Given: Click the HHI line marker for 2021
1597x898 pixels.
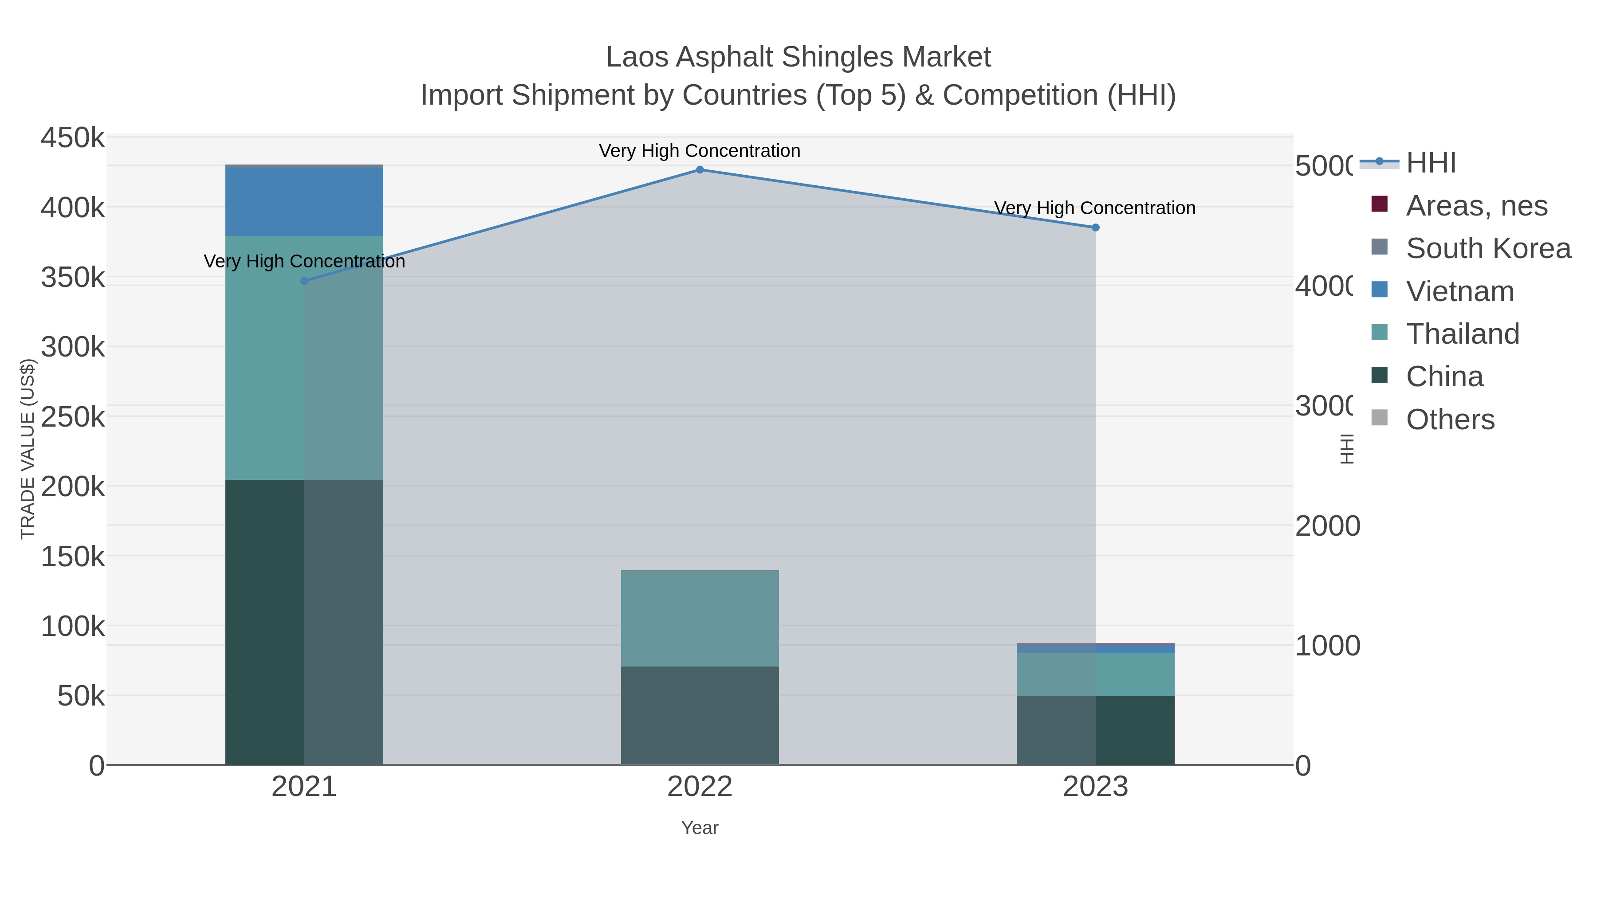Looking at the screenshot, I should (x=304, y=281).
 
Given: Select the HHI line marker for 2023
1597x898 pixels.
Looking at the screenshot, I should (x=1095, y=228).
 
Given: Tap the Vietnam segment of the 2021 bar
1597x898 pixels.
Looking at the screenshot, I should (x=304, y=202).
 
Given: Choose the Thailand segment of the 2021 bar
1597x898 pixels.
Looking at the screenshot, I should (x=304, y=357).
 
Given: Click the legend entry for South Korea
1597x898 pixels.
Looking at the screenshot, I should (x=1488, y=248).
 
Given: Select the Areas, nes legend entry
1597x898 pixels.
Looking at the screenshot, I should (x=1476, y=206).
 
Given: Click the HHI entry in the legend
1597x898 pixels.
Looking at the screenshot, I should (x=1430, y=163).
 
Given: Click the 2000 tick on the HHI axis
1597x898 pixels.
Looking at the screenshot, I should (x=1327, y=525).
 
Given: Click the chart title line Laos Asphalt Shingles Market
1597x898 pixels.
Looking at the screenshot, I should (x=798, y=57).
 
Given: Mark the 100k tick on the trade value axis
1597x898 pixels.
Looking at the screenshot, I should (x=73, y=627).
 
